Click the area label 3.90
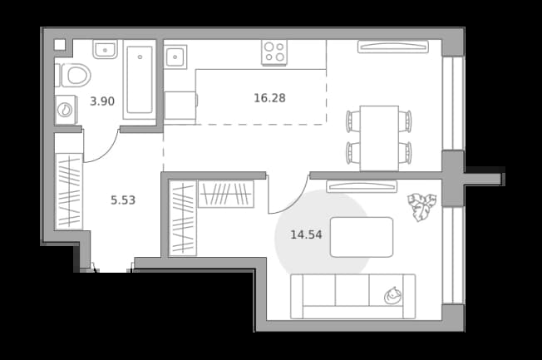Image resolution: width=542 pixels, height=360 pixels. (102, 101)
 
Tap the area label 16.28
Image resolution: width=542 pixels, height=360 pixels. (269, 98)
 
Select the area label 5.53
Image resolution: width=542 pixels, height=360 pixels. (123, 200)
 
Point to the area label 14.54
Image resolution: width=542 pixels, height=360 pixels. (306, 234)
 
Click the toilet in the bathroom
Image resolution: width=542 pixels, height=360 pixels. (76, 75)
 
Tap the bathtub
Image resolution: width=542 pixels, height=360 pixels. (140, 80)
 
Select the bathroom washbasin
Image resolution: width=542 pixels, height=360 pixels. (105, 49)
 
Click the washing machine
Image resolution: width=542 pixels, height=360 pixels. (66, 110)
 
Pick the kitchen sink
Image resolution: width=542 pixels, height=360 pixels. (175, 57)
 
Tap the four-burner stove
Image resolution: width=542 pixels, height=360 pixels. (274, 52)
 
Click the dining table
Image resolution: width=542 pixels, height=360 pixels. (379, 138)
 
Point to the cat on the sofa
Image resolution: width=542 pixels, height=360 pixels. (392, 296)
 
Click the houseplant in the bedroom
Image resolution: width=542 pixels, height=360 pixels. (421, 206)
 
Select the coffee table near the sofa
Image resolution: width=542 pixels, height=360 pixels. (362, 237)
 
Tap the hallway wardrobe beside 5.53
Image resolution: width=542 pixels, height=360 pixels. (69, 191)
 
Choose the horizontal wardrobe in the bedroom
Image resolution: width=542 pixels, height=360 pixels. (226, 194)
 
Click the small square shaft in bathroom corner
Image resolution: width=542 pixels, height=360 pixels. (60, 45)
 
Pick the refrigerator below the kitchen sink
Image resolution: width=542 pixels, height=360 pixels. (180, 106)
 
